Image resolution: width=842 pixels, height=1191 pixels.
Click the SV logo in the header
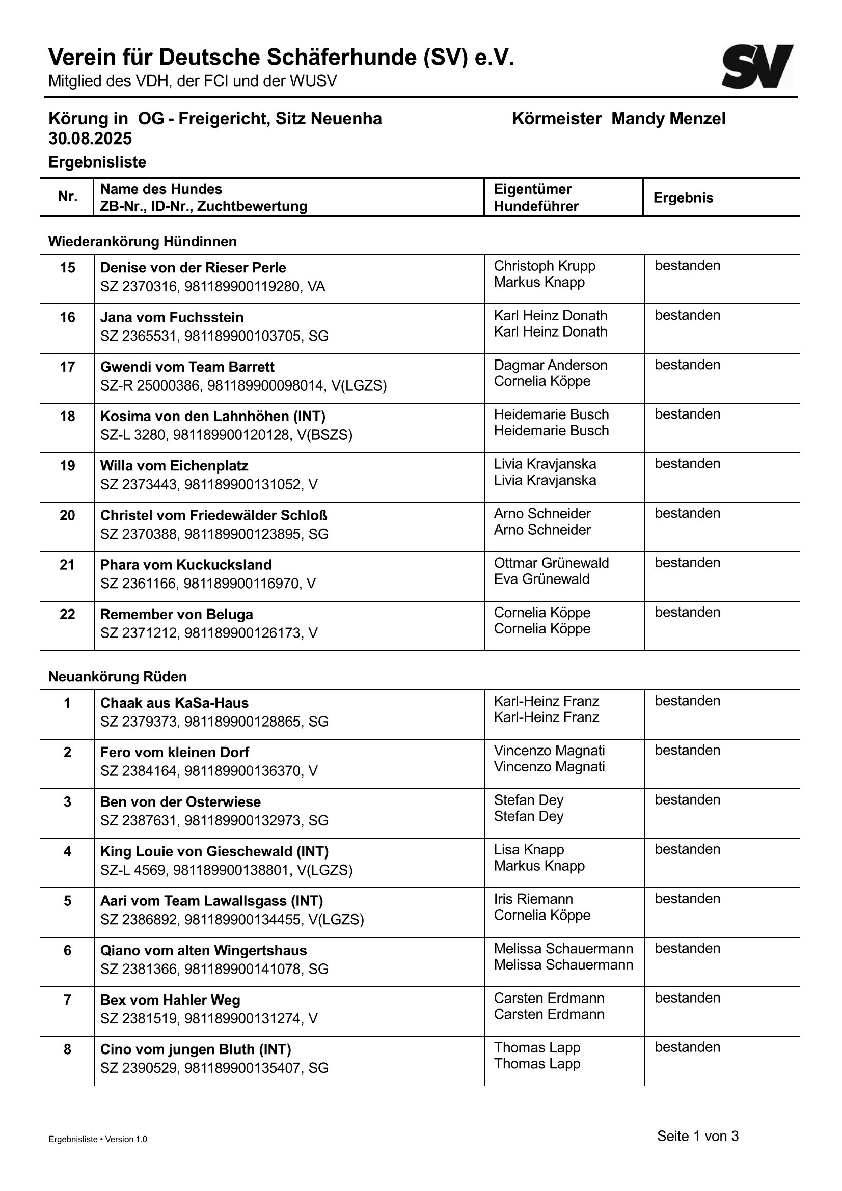[757, 66]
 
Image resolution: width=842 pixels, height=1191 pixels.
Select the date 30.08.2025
[90, 139]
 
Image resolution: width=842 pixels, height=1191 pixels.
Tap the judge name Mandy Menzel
[668, 119]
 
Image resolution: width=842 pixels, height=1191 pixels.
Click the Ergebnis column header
[683, 198]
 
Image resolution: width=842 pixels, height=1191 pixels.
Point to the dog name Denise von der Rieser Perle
[193, 268]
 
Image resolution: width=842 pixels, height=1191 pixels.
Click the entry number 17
[67, 367]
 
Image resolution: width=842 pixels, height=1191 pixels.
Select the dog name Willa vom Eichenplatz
[174, 466]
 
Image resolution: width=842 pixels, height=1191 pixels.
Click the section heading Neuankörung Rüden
[118, 676]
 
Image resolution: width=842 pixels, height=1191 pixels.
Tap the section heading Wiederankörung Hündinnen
[143, 242]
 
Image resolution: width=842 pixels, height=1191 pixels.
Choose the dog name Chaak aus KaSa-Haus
[174, 703]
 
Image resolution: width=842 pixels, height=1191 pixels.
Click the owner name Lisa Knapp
[529, 850]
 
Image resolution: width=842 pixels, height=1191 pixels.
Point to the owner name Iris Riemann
[533, 899]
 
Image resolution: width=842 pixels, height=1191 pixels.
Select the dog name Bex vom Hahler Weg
[170, 1000]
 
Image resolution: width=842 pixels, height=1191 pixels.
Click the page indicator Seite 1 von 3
[698, 1136]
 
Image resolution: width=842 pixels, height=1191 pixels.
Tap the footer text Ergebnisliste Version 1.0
[97, 1139]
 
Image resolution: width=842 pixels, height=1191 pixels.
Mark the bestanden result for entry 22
[687, 612]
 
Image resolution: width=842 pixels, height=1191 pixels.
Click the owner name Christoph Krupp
[544, 266]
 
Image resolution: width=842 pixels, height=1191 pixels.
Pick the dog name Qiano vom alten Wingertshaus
[203, 950]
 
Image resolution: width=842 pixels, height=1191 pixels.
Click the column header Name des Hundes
[161, 189]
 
